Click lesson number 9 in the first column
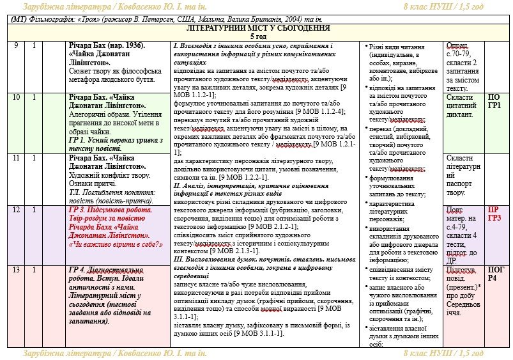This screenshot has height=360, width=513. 15,46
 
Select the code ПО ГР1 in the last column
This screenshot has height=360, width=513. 494,101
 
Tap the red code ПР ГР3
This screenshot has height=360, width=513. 494,214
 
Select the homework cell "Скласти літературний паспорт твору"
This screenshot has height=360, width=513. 462,175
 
